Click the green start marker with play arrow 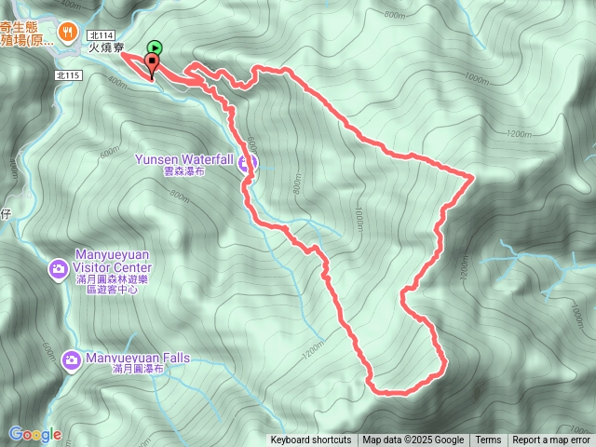(x=155, y=47)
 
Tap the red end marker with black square (x=151, y=62)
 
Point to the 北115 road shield (x=67, y=75)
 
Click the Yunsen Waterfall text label (x=184, y=159)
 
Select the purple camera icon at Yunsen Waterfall (x=247, y=165)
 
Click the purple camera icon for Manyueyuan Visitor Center (x=58, y=269)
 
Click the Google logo (x=34, y=434)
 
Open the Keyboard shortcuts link (x=311, y=440)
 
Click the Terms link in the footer (x=488, y=440)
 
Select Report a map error (x=551, y=440)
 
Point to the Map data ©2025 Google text (x=413, y=440)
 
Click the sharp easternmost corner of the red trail (x=474, y=175)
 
